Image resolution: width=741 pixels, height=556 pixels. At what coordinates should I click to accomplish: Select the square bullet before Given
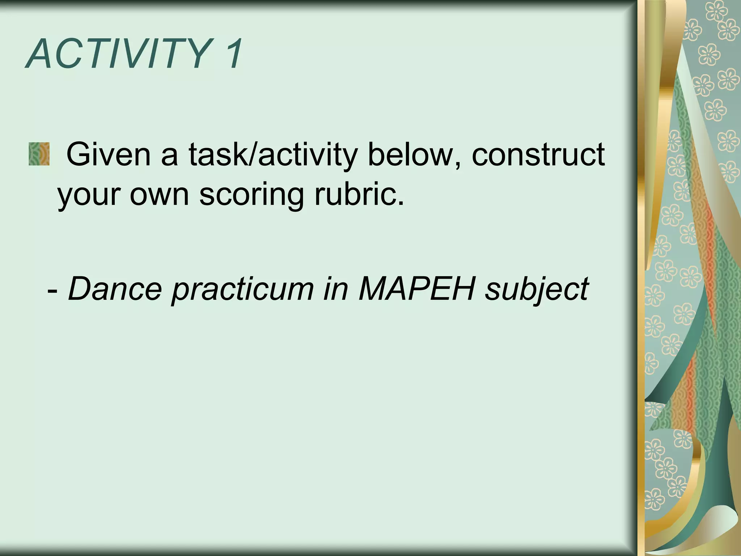[39, 154]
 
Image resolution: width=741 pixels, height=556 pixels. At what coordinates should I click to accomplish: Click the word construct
[538, 155]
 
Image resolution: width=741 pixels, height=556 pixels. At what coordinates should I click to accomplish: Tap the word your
[88, 195]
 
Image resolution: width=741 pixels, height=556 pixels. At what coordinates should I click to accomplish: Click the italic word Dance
[115, 288]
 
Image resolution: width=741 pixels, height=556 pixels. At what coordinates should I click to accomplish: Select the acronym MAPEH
[416, 288]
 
